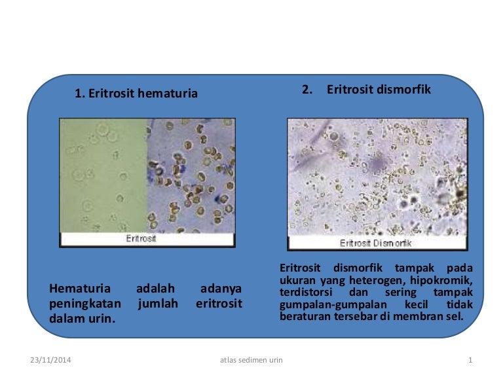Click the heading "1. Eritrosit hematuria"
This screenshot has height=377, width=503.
tap(136, 94)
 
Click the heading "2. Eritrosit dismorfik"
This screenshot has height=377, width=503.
tap(366, 90)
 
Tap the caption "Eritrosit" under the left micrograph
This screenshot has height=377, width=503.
tap(141, 238)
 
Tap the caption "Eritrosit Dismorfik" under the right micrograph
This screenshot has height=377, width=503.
tap(375, 243)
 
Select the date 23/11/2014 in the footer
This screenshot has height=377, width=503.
tap(50, 360)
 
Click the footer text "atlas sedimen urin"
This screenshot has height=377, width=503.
tap(251, 360)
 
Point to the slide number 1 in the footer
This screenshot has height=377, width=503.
tap(470, 360)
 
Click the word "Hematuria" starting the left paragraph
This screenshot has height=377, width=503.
tap(80, 288)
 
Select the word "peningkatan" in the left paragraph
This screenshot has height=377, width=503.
tap(85, 304)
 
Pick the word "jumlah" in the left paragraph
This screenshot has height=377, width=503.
tap(158, 304)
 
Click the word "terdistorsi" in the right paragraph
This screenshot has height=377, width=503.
tap(306, 292)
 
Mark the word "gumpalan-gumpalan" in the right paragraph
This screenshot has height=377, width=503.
tap(333, 304)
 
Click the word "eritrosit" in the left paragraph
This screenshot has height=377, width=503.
tap(219, 303)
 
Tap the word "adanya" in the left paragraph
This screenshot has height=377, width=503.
tap(221, 289)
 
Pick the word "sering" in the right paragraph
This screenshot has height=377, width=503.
tap(400, 293)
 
